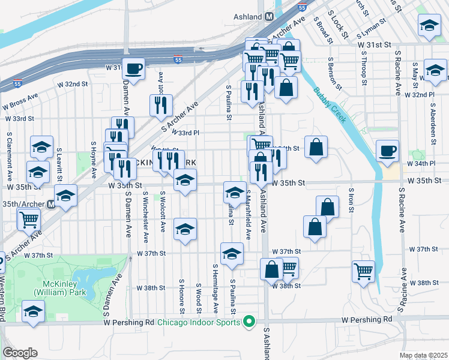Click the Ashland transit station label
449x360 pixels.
pos(247,17)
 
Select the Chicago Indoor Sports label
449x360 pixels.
pos(199,323)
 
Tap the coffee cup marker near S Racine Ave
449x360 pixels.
pos(388,151)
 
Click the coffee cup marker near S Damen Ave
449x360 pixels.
pos(134,68)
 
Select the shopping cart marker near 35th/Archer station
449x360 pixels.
pos(28,221)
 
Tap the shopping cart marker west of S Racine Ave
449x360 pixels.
pos(363,271)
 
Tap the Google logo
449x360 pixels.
pos(20,352)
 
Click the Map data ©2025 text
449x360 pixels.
pos(423,356)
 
